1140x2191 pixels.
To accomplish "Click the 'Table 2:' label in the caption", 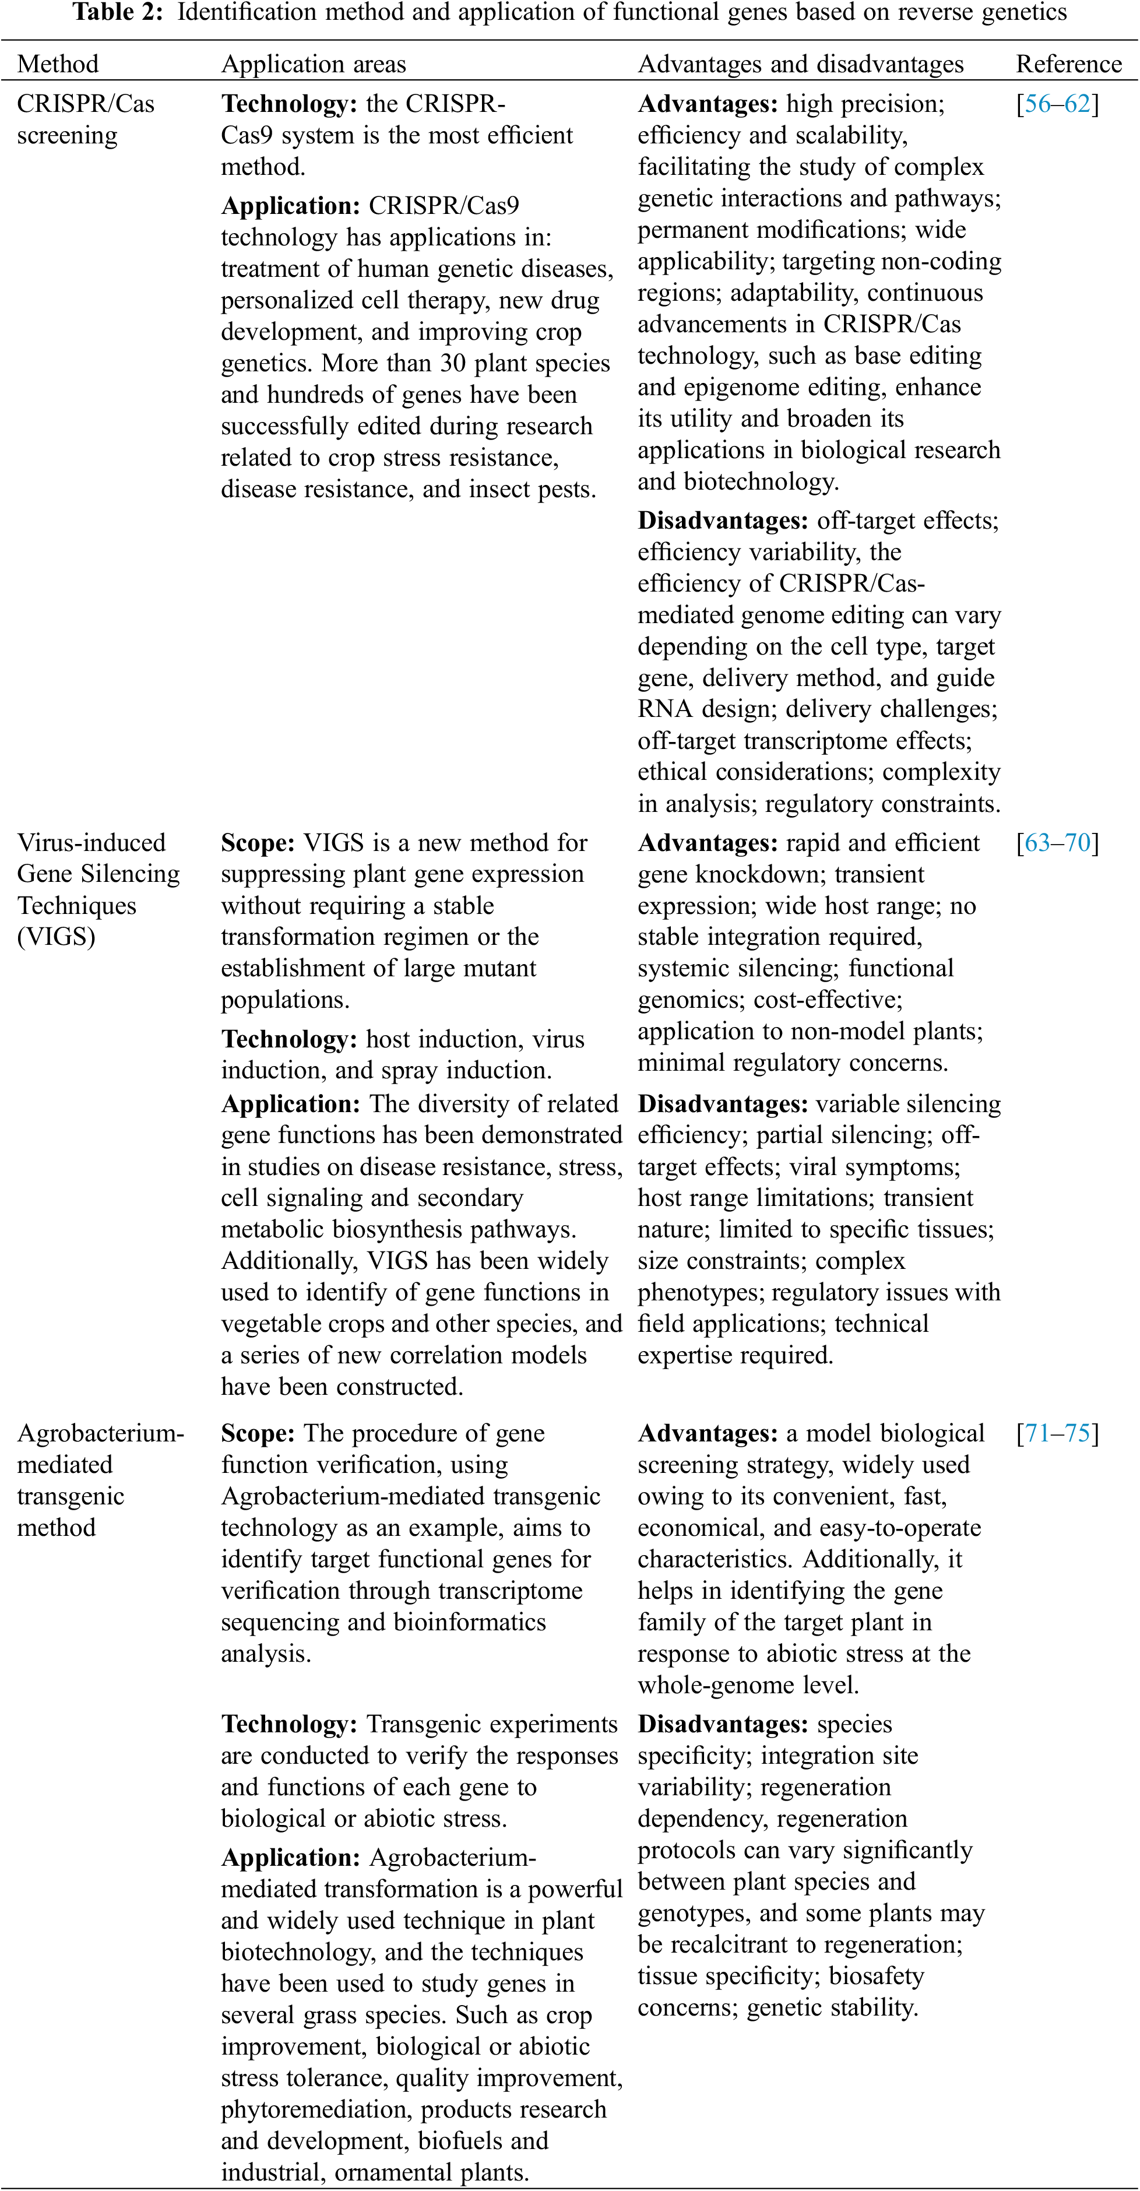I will click(117, 13).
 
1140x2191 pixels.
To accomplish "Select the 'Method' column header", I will click(58, 64).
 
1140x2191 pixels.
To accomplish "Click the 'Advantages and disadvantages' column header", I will click(801, 64).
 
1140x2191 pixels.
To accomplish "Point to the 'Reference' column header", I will click(1068, 64).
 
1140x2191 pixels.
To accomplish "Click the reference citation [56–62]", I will click(1057, 104).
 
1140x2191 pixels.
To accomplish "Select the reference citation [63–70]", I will click(1057, 843).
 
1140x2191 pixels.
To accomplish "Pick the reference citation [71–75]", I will click(1057, 1433).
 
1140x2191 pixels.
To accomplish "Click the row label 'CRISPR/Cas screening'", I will click(85, 119).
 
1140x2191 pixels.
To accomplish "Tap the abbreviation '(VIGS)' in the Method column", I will click(56, 937).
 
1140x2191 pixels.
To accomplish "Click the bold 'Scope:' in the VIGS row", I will click(258, 843).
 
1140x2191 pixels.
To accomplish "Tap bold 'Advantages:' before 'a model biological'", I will click(707, 1433).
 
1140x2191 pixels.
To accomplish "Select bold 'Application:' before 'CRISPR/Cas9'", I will click(290, 206).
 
